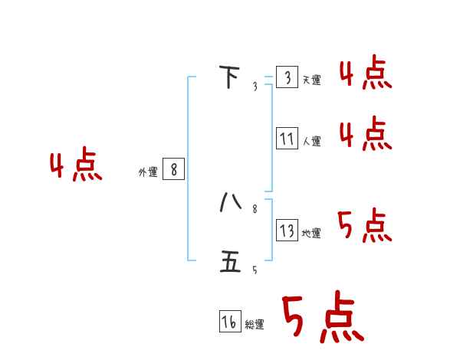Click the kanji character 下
[x=229, y=77]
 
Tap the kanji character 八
[x=230, y=201]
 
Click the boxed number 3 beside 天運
[x=287, y=77]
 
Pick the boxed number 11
[x=287, y=139]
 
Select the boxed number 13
[x=287, y=231]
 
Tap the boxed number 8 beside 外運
[x=173, y=169]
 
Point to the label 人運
[x=312, y=142]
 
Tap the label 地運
[x=312, y=234]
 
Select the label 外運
[x=147, y=172]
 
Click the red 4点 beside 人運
[x=366, y=135]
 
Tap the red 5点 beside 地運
[x=365, y=226]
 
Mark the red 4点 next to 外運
[x=76, y=166]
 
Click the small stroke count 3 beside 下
[x=255, y=87]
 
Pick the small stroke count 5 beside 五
[x=255, y=270]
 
